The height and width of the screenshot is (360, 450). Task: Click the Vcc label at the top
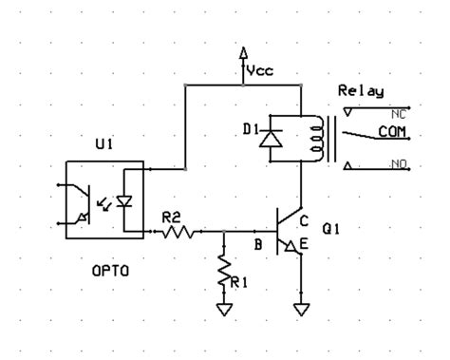[x=260, y=70]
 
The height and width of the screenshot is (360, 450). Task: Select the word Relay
[x=361, y=92]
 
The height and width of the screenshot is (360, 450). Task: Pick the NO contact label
[x=398, y=165]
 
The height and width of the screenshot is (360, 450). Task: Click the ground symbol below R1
[x=223, y=309]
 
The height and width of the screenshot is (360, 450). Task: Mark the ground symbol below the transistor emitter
[x=301, y=309]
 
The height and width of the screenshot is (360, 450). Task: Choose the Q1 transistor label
[x=331, y=228]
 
